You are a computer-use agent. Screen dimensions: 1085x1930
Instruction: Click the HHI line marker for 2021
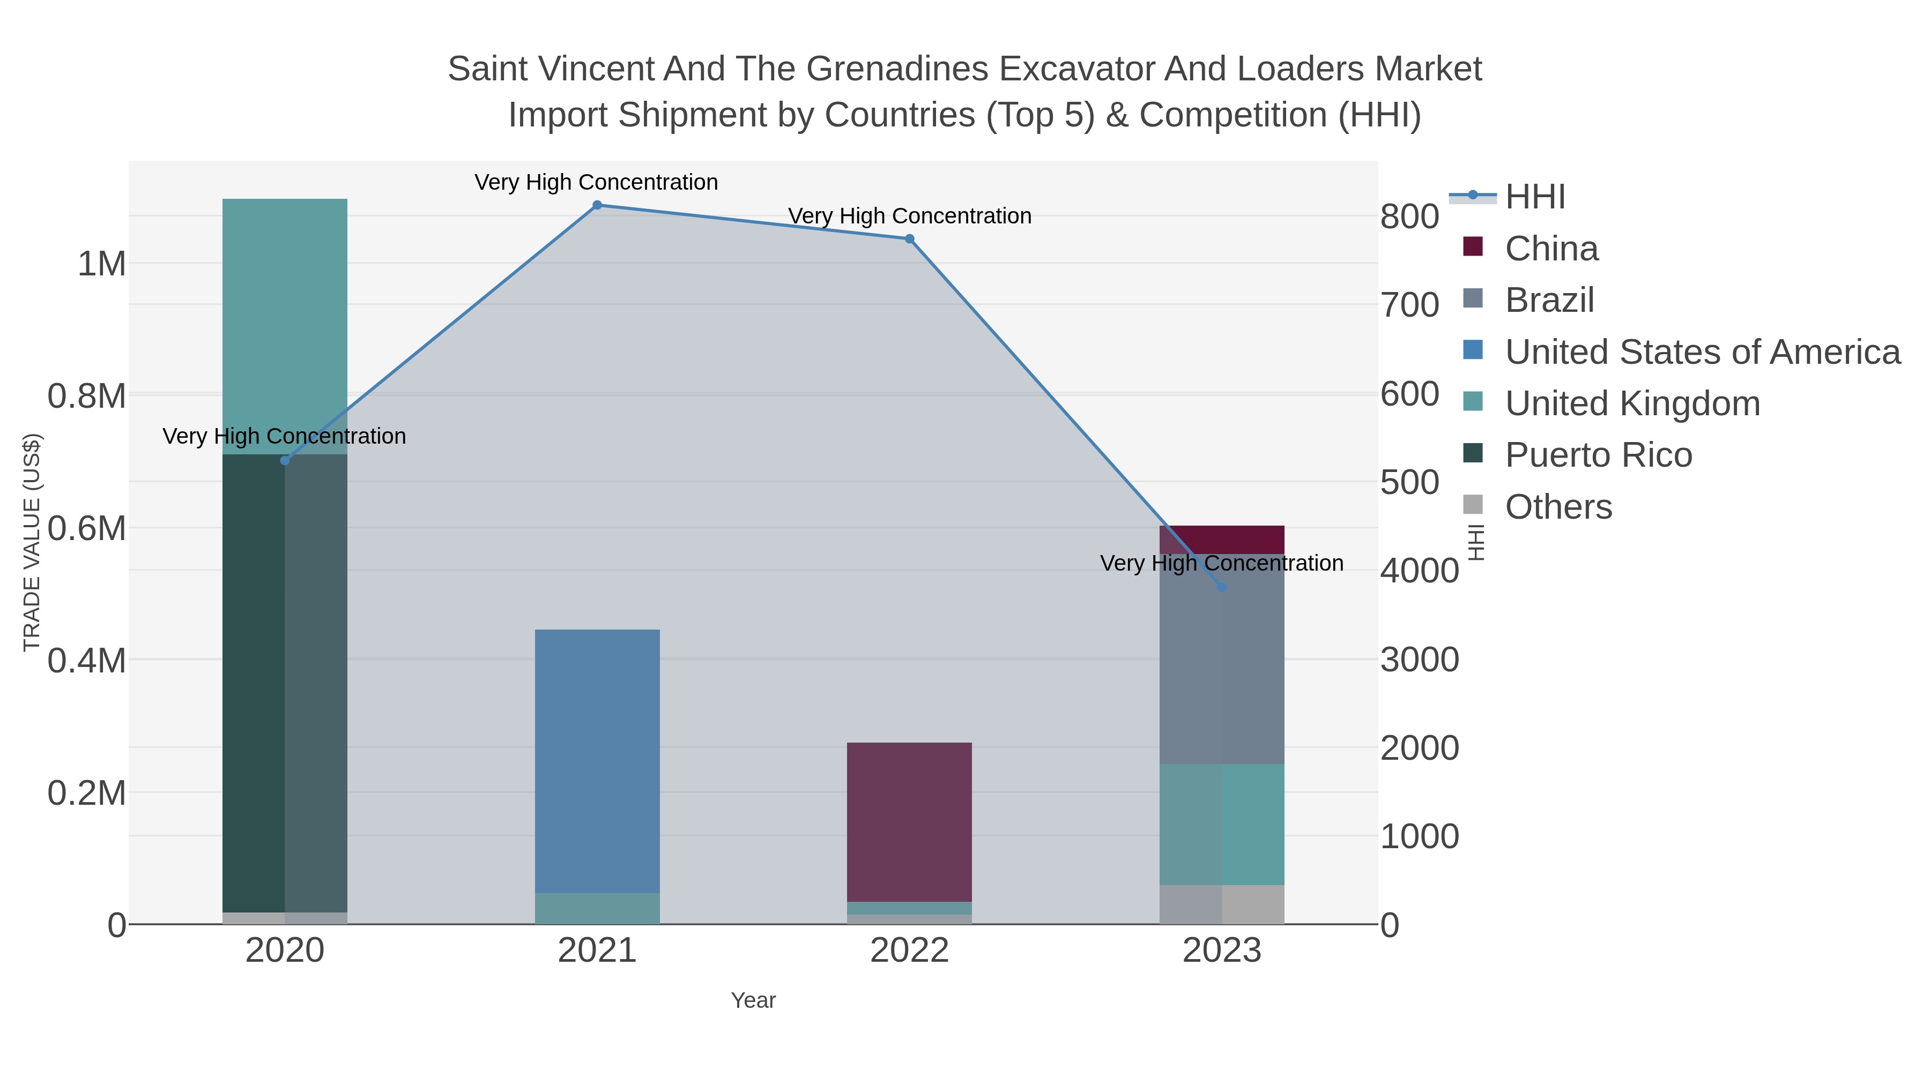tap(597, 205)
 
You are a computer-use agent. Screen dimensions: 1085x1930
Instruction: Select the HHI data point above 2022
tap(910, 239)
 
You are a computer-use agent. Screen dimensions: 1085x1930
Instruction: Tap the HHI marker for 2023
tap(1222, 588)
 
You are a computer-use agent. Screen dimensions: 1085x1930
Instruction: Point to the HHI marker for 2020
tap(285, 460)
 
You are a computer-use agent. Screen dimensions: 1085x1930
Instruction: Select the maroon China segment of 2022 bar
tap(910, 821)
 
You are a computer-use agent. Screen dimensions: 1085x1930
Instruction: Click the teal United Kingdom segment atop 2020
tap(285, 326)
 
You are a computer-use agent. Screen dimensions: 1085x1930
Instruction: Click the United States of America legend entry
tap(1702, 352)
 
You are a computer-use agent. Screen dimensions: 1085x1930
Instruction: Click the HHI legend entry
tap(1534, 197)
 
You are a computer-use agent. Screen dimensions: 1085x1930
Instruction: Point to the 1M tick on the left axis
tap(102, 264)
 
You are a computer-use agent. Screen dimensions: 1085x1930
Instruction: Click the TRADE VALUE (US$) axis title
tap(32, 542)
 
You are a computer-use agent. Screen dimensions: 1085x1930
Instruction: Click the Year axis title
tap(753, 1000)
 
